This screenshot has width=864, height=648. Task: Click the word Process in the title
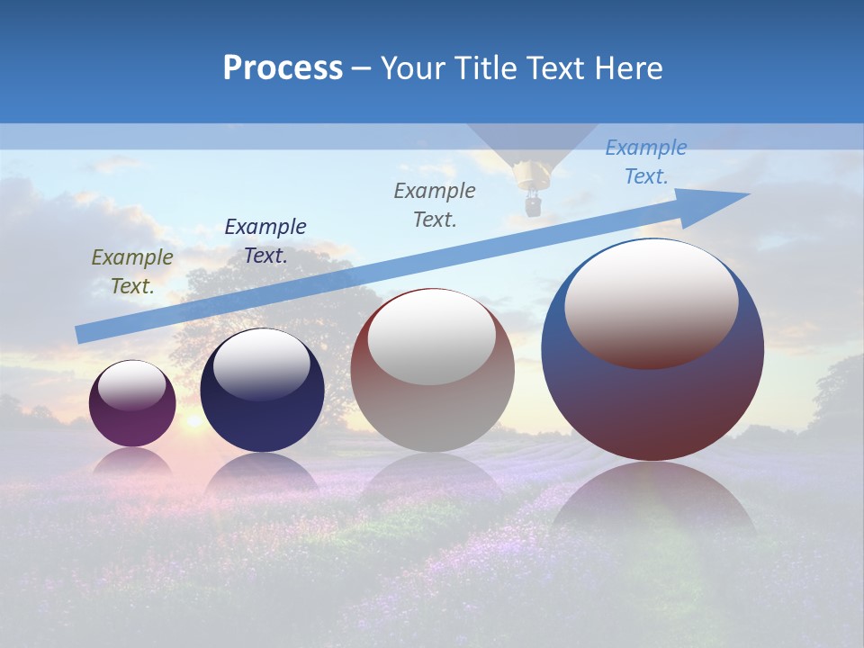(x=283, y=68)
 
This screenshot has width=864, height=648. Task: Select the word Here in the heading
(x=631, y=68)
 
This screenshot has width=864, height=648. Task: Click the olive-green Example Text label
(x=132, y=271)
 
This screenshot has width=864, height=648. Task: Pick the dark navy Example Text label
(x=265, y=240)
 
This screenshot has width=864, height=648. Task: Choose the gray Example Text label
(x=435, y=204)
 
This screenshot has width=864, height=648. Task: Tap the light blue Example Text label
(x=645, y=162)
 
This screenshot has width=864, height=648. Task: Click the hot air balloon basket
(x=533, y=206)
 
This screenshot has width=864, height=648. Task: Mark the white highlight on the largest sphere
(x=652, y=301)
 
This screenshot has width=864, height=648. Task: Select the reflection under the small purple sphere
(x=132, y=461)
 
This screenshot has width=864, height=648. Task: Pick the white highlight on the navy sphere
(x=261, y=364)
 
